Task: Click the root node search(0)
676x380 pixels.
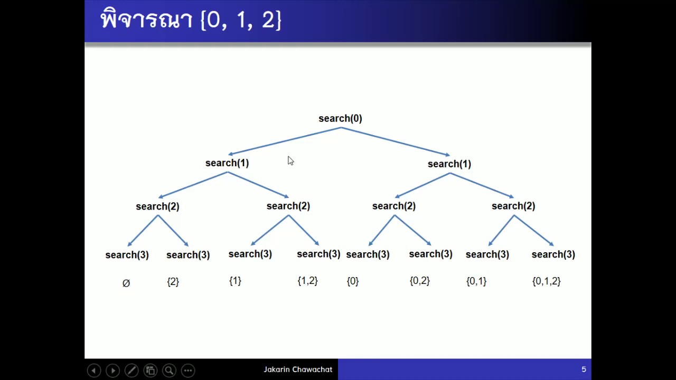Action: pyautogui.click(x=340, y=119)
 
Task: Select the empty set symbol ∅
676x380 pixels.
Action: pyautogui.click(x=126, y=283)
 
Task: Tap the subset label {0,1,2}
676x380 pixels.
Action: pyautogui.click(x=546, y=281)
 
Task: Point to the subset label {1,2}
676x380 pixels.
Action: pyautogui.click(x=307, y=281)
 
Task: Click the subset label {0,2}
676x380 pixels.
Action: pyautogui.click(x=419, y=281)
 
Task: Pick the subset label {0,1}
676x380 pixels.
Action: pyautogui.click(x=476, y=281)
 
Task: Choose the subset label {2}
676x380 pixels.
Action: pyautogui.click(x=173, y=282)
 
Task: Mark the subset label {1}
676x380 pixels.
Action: pyautogui.click(x=235, y=281)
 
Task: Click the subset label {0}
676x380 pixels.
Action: pyautogui.click(x=352, y=281)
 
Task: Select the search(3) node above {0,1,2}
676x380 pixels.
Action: pyautogui.click(x=553, y=254)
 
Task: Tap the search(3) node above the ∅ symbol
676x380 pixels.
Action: pyautogui.click(x=127, y=255)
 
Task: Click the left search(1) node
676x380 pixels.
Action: pyautogui.click(x=227, y=163)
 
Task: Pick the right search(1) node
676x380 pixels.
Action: pyautogui.click(x=449, y=164)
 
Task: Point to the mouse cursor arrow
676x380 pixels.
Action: pyautogui.click(x=290, y=161)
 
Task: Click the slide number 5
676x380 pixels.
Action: pyautogui.click(x=584, y=369)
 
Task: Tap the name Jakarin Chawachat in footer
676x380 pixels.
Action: pyautogui.click(x=298, y=369)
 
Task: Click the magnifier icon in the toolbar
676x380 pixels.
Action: pyautogui.click(x=169, y=370)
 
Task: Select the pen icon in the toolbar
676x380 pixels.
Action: pyautogui.click(x=132, y=370)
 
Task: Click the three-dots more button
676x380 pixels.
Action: pyautogui.click(x=188, y=370)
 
